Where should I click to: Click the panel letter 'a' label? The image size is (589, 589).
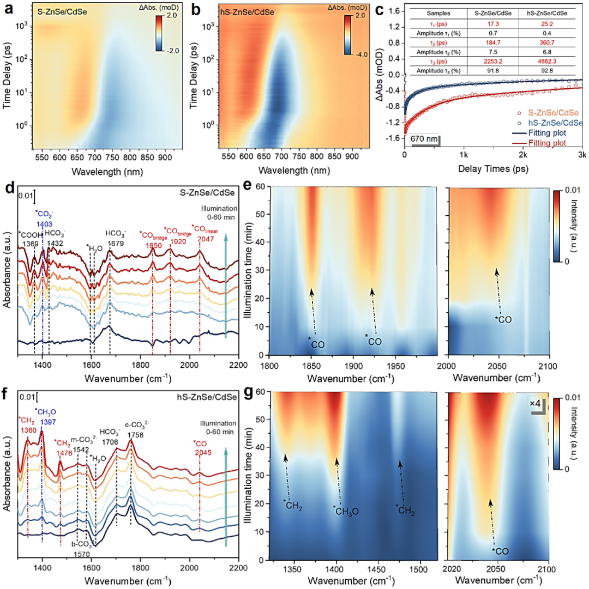8,8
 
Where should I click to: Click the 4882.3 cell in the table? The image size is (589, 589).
547,61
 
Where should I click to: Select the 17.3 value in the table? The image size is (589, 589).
493,23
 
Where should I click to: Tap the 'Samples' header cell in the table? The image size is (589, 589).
438,13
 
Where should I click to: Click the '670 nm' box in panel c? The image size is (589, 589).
424,139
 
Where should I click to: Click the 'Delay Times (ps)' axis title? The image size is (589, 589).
493,169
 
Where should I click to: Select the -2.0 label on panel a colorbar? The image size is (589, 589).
172,51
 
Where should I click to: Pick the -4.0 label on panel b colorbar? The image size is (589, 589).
361,54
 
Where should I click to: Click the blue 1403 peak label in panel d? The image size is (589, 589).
44,224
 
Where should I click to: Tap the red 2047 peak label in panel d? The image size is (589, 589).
206,239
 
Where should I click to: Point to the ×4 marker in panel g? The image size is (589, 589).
535,403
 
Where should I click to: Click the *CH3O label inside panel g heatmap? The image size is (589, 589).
346,511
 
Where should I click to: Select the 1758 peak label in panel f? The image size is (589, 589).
135,435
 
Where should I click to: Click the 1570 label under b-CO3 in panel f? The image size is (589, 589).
82,555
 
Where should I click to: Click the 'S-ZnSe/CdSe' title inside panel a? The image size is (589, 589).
62,12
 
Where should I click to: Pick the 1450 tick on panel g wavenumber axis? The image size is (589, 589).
377,569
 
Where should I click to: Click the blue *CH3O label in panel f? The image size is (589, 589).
45,412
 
